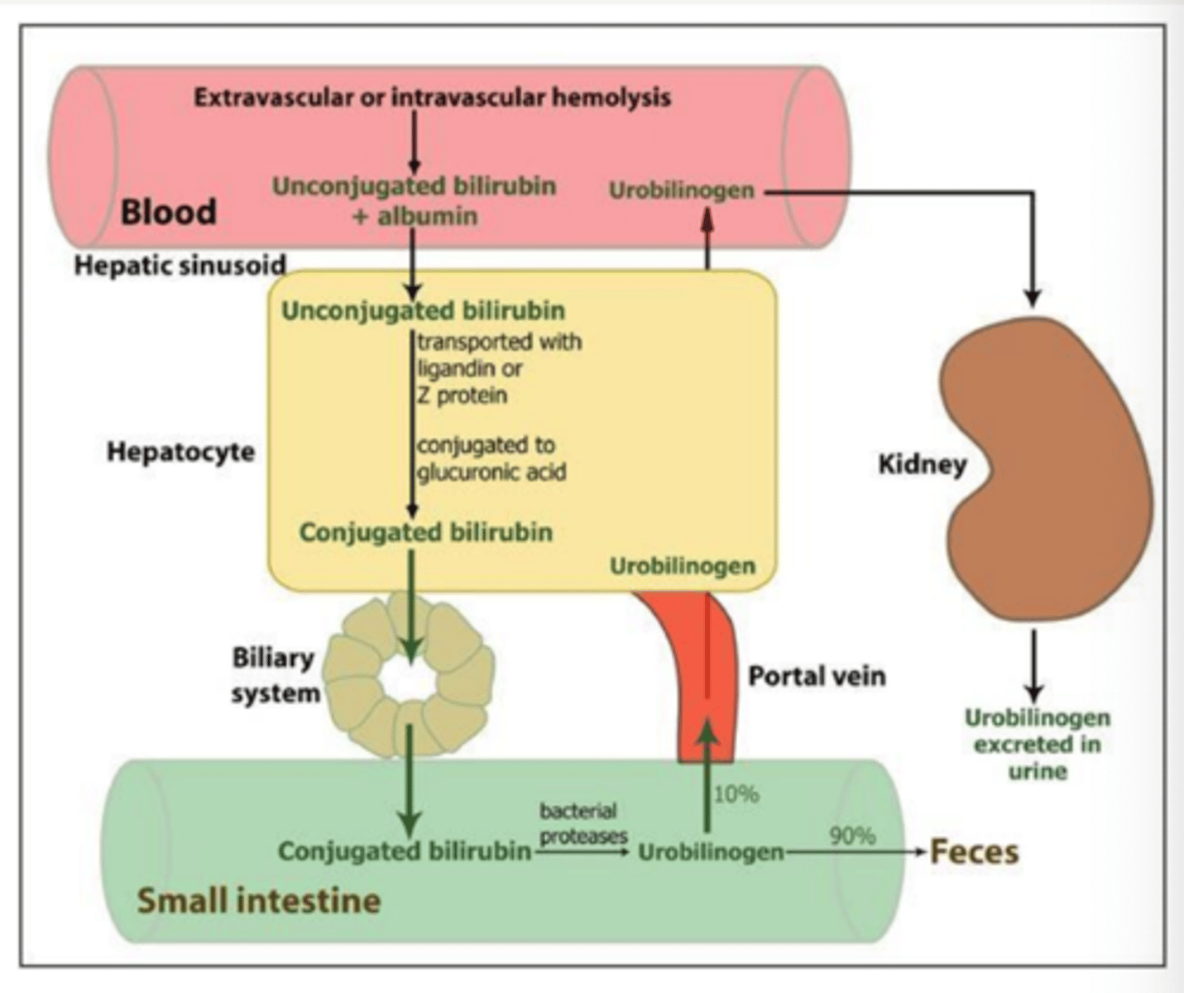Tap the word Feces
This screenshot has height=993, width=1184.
pos(974,851)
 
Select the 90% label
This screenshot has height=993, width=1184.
pos(852,835)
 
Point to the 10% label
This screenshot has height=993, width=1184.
pos(736,794)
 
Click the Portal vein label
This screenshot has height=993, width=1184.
pos(817,676)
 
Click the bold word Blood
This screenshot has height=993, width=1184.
pos(168,212)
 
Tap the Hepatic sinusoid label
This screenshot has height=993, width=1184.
pos(180,266)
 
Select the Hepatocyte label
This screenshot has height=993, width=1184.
pos(180,452)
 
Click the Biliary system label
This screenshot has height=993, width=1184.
pos(275,675)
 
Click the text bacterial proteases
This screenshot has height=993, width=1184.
pos(582,823)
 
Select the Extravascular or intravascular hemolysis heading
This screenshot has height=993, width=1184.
pos(432,98)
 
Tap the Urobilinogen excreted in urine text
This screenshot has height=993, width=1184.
pos(1037,744)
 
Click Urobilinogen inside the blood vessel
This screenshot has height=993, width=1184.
pos(682,190)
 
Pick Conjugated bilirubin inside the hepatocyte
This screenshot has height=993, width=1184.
pos(425,532)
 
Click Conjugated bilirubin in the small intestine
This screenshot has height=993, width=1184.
pos(404,851)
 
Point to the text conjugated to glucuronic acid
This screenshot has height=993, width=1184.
pos(491,458)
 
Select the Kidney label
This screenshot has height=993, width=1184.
pos(922,464)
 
